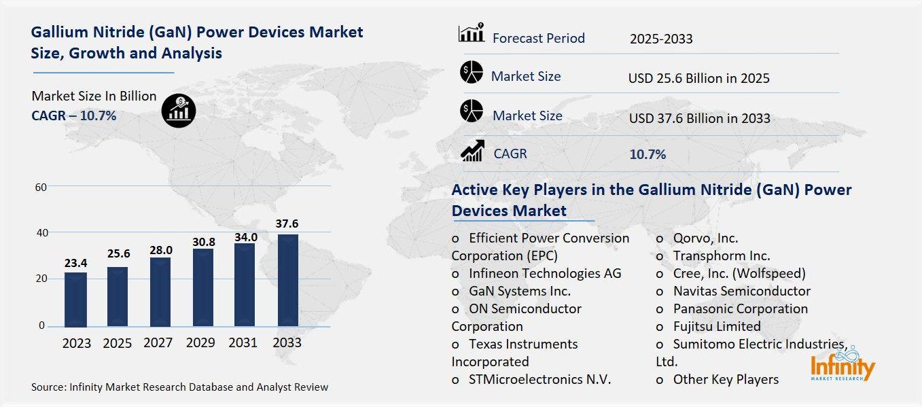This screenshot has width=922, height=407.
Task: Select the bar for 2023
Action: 75,300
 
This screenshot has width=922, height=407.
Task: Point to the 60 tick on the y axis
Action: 41,187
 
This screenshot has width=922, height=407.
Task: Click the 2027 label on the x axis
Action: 158,343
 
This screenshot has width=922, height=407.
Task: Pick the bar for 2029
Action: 202,287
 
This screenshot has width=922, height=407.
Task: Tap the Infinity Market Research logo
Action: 843,365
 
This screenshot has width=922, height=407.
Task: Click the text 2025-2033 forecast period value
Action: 660,39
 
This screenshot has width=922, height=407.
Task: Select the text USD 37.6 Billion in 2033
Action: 699,118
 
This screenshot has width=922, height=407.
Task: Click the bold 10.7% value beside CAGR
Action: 648,154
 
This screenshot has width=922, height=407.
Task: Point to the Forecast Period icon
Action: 471,34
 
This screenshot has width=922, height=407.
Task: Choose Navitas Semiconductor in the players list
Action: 741,291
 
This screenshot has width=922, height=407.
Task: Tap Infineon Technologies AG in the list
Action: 545,273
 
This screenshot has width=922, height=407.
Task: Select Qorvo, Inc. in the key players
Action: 705,238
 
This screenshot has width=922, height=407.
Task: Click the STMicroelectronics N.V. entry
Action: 539,379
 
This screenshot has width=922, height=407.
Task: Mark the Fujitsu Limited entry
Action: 717,326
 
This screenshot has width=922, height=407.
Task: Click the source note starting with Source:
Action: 179,387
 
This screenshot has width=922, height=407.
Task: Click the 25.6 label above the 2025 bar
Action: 118,253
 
